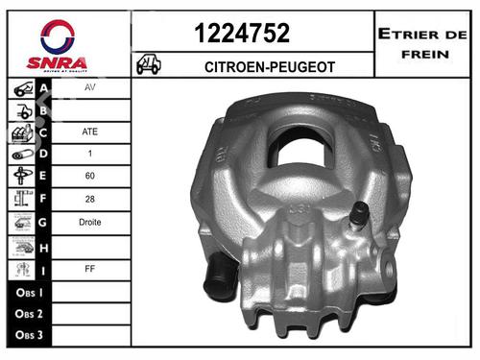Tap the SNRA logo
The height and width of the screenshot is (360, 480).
click(x=64, y=45)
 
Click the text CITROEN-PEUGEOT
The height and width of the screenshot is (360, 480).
click(x=254, y=65)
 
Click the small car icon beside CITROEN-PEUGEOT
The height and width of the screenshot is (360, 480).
click(x=149, y=64)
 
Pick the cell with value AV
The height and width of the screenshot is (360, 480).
click(x=91, y=87)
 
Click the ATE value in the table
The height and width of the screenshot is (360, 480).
click(x=91, y=132)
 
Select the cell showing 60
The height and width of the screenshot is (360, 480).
click(x=91, y=176)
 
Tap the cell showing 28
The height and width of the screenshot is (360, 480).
click(x=91, y=199)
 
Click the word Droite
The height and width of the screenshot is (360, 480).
click(x=91, y=221)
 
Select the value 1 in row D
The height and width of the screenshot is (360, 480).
click(x=91, y=154)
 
